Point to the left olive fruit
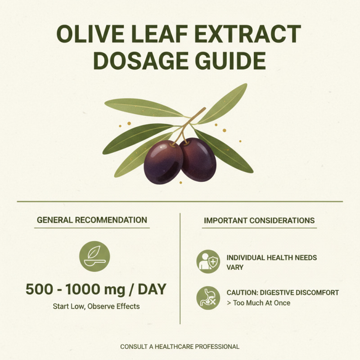tap(163, 161)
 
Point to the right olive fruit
tap(198, 159)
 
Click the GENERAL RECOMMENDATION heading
tap(92, 220)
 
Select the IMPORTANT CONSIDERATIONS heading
tap(259, 220)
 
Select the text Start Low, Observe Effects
tap(96, 306)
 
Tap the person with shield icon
tap(208, 262)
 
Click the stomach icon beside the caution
tap(208, 298)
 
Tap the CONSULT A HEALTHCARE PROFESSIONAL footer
tap(180, 346)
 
